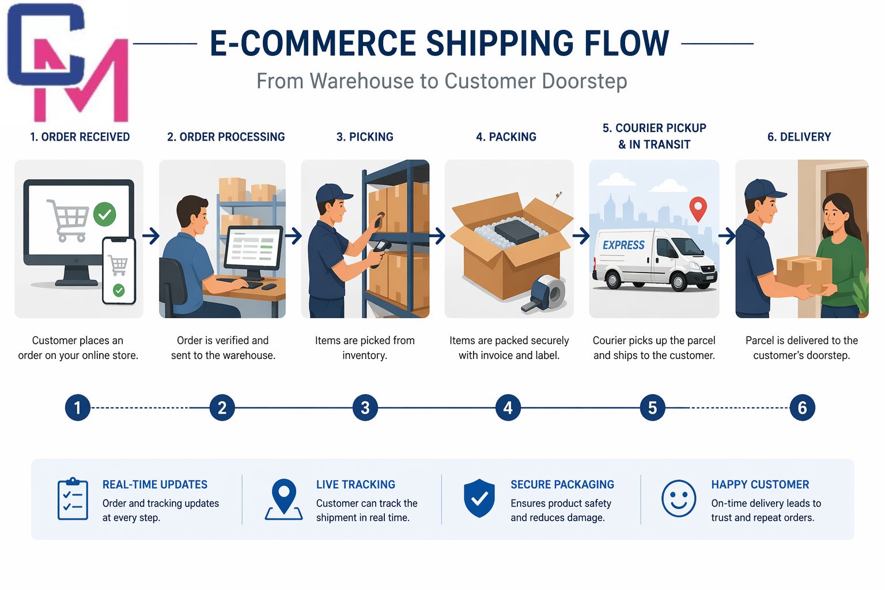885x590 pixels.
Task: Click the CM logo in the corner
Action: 68,62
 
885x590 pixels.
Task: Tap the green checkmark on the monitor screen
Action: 105,214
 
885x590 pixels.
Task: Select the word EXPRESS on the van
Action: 623,245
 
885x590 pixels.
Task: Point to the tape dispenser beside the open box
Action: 544,294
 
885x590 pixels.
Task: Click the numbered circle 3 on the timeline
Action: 365,407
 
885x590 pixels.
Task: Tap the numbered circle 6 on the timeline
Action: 802,407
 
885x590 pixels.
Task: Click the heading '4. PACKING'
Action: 506,137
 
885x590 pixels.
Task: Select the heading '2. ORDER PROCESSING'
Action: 226,137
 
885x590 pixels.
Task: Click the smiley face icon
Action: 678,498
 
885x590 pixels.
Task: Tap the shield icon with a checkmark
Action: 479,498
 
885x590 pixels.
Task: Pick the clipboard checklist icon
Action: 73,499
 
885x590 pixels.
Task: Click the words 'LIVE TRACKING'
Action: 355,485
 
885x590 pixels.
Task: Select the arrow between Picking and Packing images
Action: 437,236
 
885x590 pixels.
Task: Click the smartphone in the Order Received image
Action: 119,271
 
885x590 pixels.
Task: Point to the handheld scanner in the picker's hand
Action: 379,253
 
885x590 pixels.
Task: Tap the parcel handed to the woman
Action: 804,274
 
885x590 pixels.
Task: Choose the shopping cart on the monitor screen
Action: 67,220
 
